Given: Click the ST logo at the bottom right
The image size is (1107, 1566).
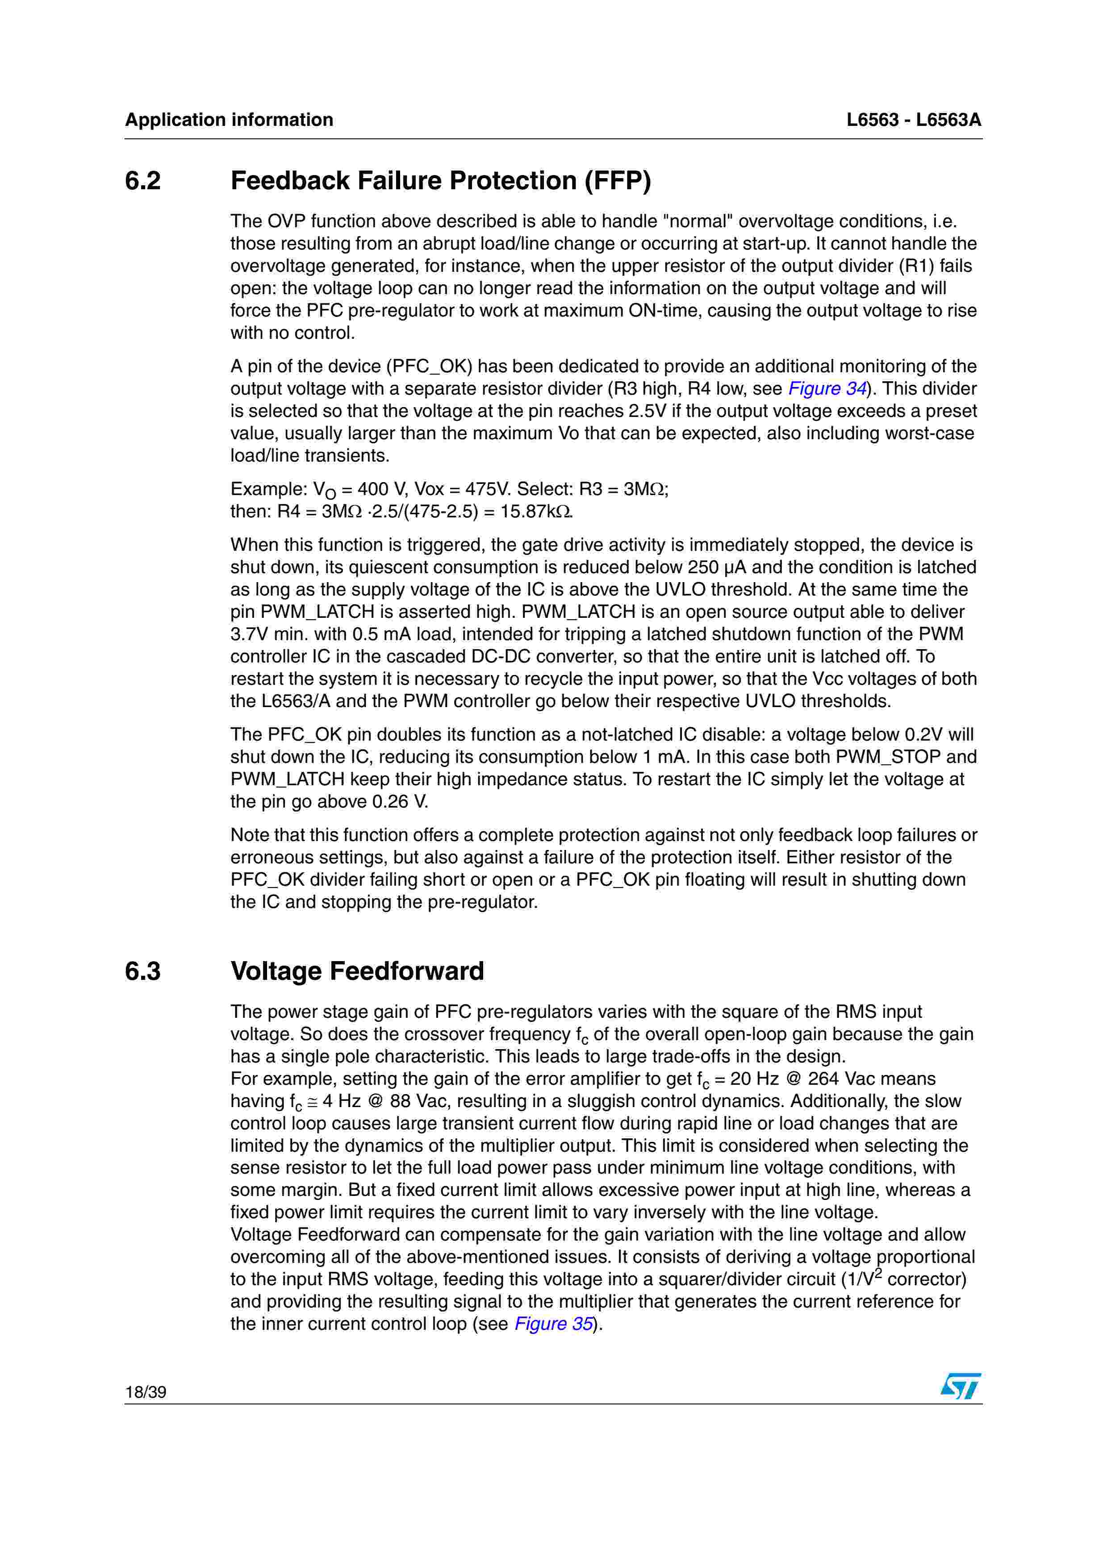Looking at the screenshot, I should pyautogui.click(x=961, y=1386).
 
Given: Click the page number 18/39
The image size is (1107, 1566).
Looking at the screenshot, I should pyautogui.click(x=145, y=1392).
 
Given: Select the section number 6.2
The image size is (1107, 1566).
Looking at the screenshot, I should pyautogui.click(x=142, y=181).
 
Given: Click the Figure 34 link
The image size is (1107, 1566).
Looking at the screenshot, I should pyautogui.click(x=827, y=389).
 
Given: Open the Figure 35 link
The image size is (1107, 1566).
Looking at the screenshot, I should pyautogui.click(x=553, y=1324).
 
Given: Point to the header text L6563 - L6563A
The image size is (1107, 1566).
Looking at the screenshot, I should pyautogui.click(x=913, y=120).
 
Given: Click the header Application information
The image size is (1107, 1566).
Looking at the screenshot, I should pyautogui.click(x=229, y=120).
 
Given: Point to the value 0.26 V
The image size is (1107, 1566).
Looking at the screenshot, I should pyautogui.click(x=401, y=801).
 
